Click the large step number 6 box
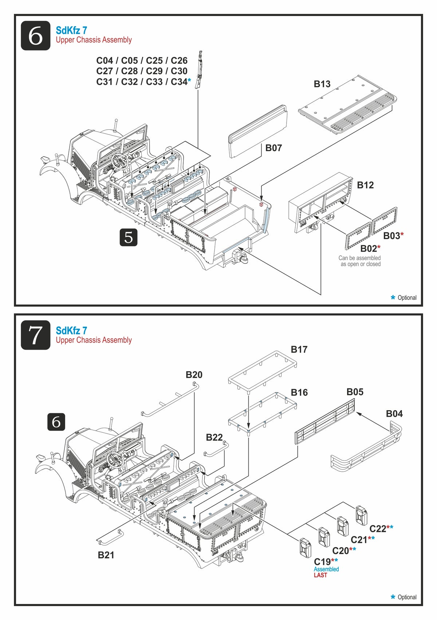35,36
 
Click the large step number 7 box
35,335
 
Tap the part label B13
322,84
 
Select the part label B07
273,148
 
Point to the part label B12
365,185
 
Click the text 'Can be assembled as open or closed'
360,261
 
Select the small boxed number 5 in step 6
129,238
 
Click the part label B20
194,375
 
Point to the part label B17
299,350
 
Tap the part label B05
355,392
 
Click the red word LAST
320,575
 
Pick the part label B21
106,555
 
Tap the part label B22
214,437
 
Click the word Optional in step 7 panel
407,597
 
